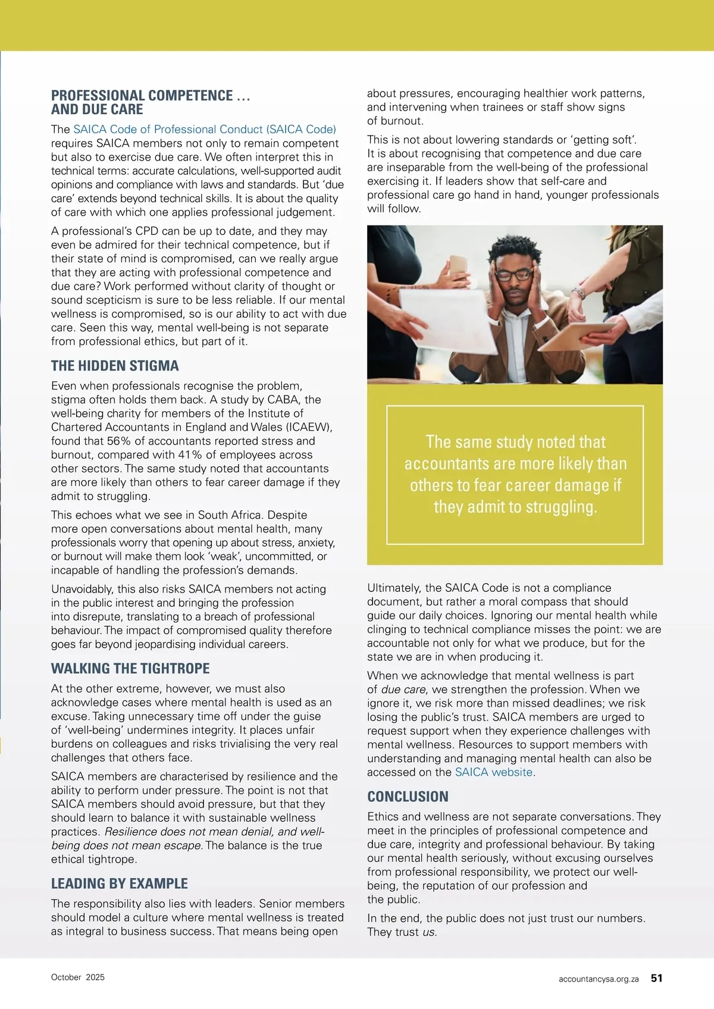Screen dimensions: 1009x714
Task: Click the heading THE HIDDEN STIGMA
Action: tap(115, 366)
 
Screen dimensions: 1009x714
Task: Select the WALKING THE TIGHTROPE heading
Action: tap(130, 669)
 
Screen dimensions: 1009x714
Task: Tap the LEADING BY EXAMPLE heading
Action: tap(120, 883)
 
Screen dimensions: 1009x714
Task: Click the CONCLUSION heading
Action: tap(408, 797)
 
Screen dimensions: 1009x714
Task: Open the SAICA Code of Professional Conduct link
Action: tap(205, 129)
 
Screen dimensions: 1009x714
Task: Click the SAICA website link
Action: tap(493, 772)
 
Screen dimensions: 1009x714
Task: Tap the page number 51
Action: tap(656, 977)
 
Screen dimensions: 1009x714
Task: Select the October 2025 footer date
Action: tap(78, 977)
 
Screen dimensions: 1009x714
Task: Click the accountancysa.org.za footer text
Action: tap(599, 979)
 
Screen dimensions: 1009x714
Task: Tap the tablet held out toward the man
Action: tap(580, 336)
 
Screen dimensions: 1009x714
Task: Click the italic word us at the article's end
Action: tap(429, 932)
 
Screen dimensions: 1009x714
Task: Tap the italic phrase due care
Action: tap(403, 690)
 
